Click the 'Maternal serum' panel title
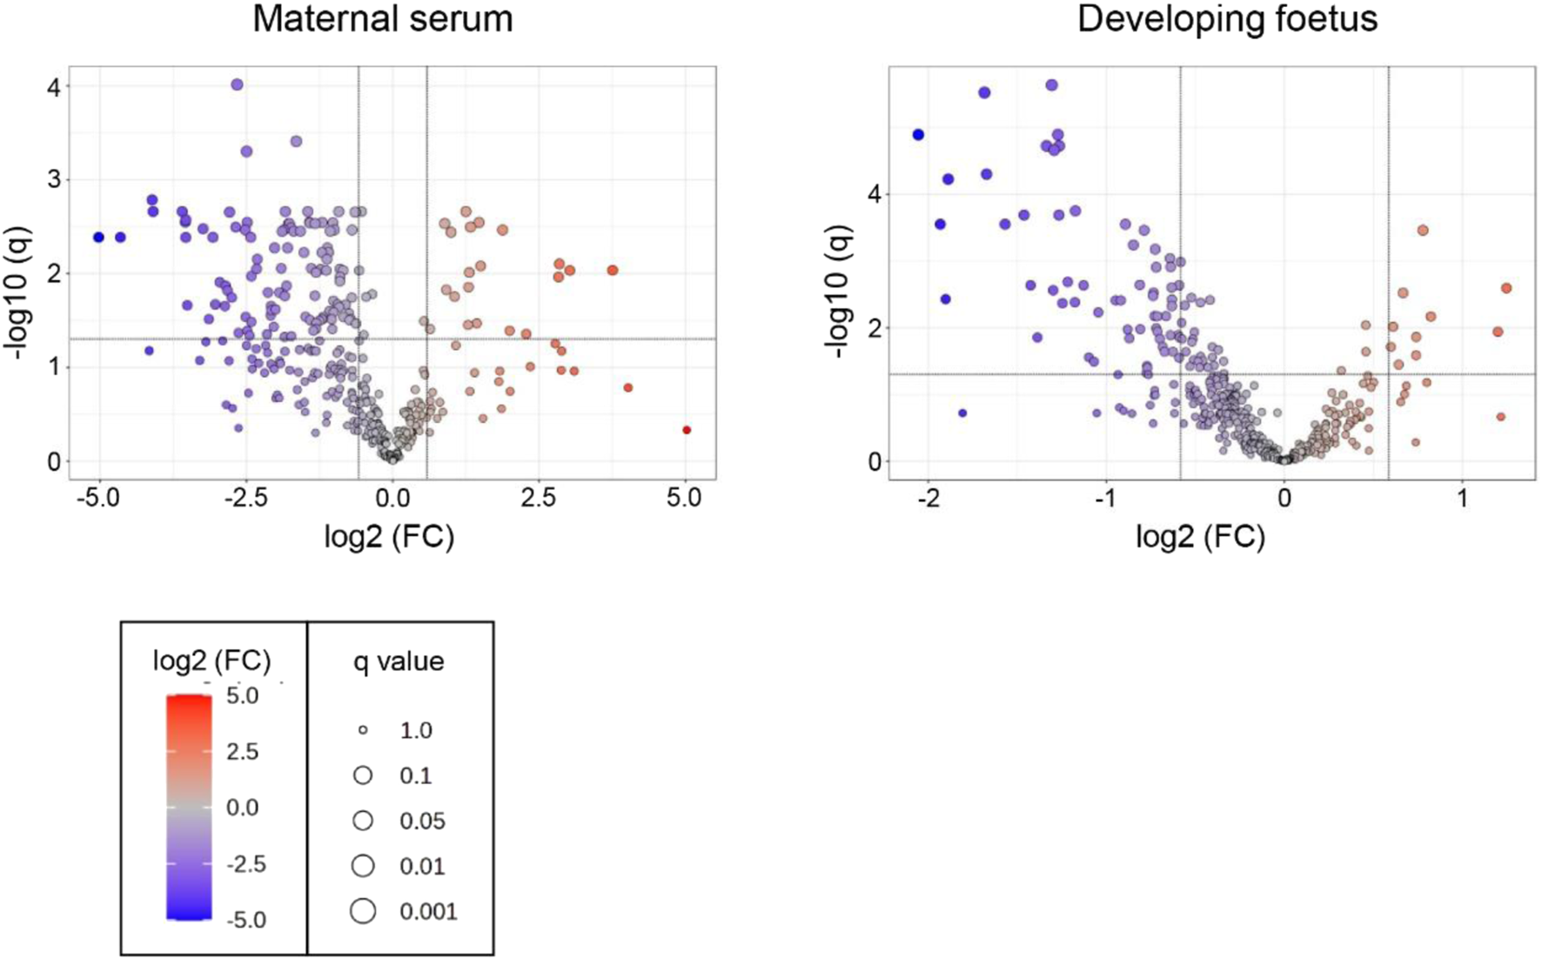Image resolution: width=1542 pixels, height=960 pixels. click(383, 19)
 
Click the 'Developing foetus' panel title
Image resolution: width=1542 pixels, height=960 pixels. click(1227, 19)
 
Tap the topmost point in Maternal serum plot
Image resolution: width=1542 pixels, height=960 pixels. click(237, 84)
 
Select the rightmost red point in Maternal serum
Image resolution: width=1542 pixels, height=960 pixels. click(687, 430)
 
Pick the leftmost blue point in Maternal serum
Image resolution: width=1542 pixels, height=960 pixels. click(99, 237)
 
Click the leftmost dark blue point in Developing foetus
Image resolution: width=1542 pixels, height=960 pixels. click(918, 135)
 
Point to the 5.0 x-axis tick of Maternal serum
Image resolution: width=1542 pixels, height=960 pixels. click(684, 498)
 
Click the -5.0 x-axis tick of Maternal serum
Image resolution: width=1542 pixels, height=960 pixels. click(97, 498)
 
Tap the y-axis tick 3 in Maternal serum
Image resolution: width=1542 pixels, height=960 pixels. click(54, 180)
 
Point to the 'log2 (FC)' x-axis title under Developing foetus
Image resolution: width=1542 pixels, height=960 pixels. click(1200, 538)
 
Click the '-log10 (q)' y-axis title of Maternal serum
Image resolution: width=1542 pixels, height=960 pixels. click(19, 294)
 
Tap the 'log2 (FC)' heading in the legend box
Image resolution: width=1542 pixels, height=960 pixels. click(211, 661)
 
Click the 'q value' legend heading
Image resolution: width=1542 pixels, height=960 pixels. click(399, 661)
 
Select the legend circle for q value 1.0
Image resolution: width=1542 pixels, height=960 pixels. click(363, 730)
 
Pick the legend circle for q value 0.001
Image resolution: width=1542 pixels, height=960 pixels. click(363, 911)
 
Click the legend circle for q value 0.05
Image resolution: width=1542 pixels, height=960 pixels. click(363, 821)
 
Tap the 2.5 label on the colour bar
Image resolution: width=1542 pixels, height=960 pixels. click(242, 752)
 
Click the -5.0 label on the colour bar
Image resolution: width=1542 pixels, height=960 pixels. click(245, 920)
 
